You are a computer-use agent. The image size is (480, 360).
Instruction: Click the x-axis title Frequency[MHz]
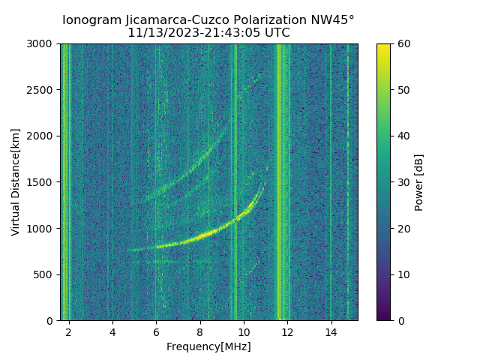pos(208,346)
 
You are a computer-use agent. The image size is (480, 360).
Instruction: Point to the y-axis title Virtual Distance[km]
pos(15,182)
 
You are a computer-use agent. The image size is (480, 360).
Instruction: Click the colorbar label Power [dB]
pos(419,182)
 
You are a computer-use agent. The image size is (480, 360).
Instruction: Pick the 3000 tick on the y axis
pos(43,44)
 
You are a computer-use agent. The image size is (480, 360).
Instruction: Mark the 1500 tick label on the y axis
pos(43,182)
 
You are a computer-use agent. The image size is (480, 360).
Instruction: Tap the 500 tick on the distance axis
pos(45,274)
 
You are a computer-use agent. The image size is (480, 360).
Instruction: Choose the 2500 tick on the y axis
pos(43,90)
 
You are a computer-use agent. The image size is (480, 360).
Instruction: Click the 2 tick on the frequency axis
pos(69,331)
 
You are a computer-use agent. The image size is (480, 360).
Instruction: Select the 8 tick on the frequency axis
pos(199,331)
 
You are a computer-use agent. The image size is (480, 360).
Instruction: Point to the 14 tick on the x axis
pos(331,331)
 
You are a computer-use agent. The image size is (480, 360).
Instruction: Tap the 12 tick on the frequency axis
pos(287,331)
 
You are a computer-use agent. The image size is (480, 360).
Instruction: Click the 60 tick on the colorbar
pos(403,44)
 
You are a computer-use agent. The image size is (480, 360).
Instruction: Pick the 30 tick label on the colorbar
pos(403,182)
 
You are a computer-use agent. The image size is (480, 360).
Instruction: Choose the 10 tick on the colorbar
pos(403,274)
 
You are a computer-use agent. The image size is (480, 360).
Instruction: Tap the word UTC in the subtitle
pos(277,33)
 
